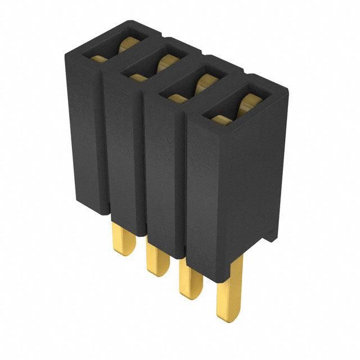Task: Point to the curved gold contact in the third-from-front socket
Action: coord(165,61)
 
